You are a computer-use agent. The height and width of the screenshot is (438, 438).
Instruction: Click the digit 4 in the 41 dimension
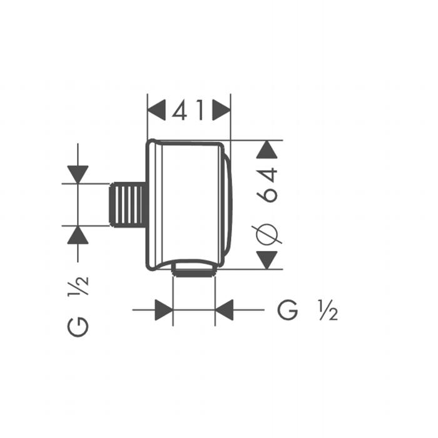click(x=180, y=110)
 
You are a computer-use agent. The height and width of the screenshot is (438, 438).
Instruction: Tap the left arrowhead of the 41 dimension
click(x=156, y=110)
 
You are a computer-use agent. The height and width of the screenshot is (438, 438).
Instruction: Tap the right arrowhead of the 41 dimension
click(x=222, y=110)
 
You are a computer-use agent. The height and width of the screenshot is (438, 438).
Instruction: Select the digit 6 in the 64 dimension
click(x=267, y=194)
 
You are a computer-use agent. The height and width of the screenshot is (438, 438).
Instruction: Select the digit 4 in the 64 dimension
click(x=267, y=175)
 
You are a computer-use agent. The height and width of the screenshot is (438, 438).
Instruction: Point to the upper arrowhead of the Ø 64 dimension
click(x=267, y=150)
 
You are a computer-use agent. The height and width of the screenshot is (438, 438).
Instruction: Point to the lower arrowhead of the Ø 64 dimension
click(x=267, y=260)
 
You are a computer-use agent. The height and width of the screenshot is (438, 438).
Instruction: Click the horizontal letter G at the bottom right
click(x=287, y=310)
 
